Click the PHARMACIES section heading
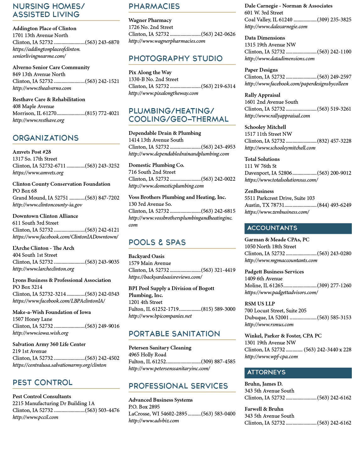154,6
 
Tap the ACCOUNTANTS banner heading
272,228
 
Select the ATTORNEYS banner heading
266,372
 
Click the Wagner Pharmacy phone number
218,34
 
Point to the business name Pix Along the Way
150,72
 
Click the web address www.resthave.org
38,120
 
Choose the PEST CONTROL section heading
42,382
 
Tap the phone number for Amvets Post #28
102,166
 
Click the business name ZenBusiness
259,191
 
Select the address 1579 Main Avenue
150,263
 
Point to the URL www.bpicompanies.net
160,316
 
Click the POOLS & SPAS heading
157,242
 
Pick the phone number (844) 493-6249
334,205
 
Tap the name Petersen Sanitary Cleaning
160,348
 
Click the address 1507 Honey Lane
32,319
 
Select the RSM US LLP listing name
259,304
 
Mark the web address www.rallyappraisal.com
277,116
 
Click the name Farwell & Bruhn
264,409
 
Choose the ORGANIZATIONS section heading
46,138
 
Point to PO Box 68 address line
25,191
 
